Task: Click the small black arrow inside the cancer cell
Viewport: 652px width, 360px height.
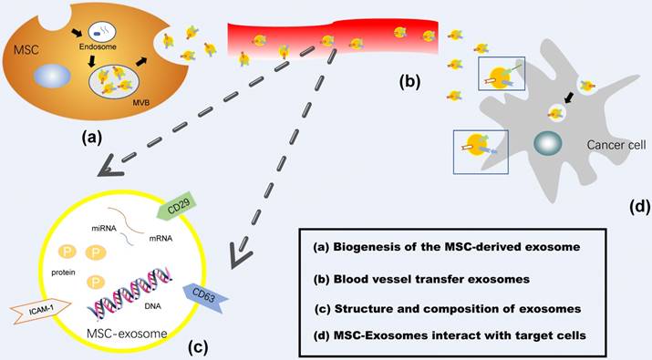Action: click(568, 95)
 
